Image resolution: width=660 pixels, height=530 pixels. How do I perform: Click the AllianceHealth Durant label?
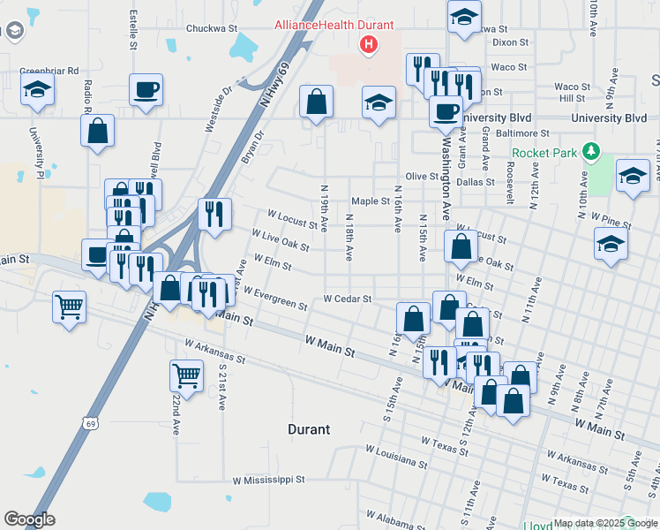pos(334,26)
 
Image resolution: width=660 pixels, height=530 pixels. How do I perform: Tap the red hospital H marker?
pos(368,44)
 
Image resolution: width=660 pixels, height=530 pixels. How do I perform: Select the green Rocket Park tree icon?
pos(591,153)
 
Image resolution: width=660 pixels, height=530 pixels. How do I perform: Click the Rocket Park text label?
pos(544,153)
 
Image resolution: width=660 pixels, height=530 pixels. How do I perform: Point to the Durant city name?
pos(309,429)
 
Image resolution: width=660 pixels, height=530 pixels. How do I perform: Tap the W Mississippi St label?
pos(268,481)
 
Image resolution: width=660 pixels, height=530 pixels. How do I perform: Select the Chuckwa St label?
pos(212,28)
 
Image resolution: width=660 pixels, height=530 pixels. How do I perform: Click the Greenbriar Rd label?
pos(49,71)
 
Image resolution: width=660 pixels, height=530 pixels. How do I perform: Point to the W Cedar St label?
pos(348,299)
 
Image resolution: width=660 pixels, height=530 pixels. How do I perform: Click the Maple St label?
pos(371,201)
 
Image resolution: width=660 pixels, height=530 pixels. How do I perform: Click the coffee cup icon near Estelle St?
pos(145,88)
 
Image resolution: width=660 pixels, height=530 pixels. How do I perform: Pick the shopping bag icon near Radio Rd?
pos(97,130)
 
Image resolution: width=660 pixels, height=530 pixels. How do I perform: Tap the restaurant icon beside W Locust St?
pos(214,213)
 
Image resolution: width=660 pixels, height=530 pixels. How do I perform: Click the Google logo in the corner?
pos(29,519)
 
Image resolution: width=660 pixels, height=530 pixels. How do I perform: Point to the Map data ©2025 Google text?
pos(600,523)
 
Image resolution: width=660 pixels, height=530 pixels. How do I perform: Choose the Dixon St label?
pos(510,42)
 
